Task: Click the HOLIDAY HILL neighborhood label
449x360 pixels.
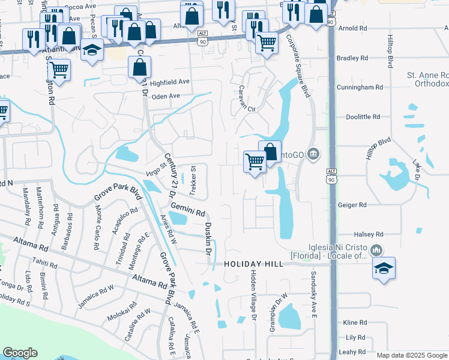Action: tap(253, 264)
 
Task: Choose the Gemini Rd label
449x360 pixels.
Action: tap(188, 209)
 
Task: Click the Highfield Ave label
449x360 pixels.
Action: tap(170, 82)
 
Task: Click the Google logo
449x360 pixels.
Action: tap(20, 353)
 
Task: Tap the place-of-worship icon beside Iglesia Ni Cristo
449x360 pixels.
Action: tap(376, 250)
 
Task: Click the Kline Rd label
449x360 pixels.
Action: tap(355, 322)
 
